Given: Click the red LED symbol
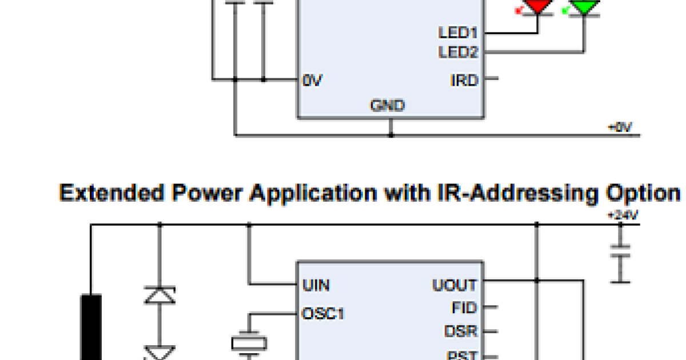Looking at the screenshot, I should click(x=540, y=6).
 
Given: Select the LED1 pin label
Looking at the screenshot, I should click(x=458, y=33).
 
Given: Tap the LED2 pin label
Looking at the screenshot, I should click(x=458, y=53).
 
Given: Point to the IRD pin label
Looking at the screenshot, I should click(x=464, y=81).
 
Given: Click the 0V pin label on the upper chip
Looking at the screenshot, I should click(x=313, y=81).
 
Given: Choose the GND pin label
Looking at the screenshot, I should click(x=388, y=106).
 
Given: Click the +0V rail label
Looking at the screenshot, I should click(x=620, y=127).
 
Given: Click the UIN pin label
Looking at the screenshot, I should click(x=315, y=285).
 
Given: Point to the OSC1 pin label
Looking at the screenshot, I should click(x=323, y=313).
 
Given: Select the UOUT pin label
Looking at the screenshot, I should click(x=454, y=285).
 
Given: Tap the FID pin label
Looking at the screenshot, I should click(x=464, y=308).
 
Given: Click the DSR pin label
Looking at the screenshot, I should click(x=461, y=331).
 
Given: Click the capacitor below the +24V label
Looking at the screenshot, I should click(x=620, y=252).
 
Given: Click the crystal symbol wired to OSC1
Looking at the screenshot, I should click(x=249, y=343).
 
